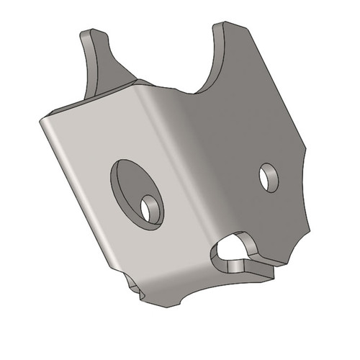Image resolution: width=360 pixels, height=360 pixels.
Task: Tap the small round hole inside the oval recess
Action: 150,209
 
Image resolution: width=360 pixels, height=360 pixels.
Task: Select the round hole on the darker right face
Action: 269,177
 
